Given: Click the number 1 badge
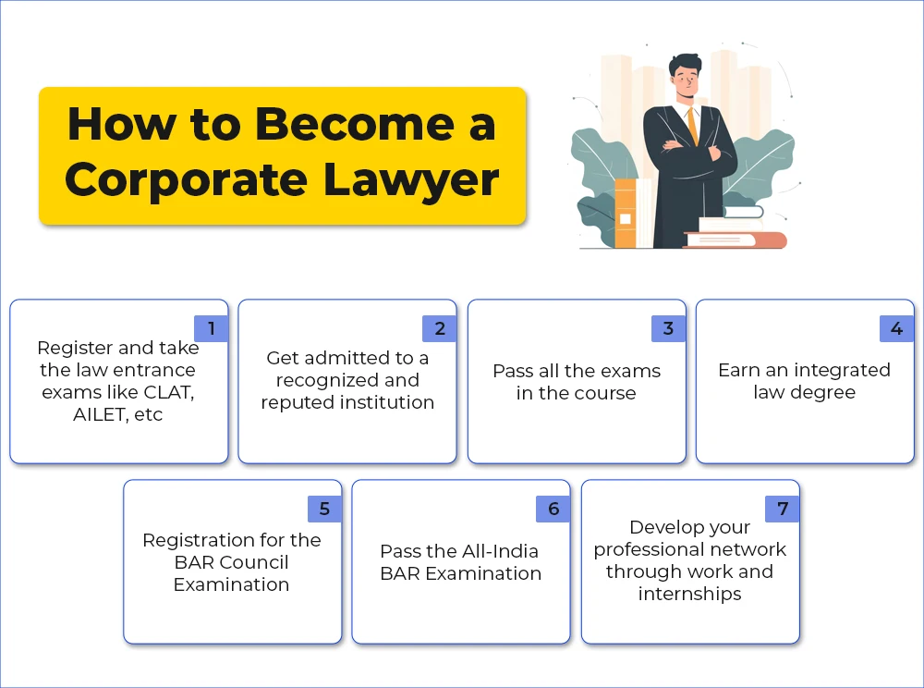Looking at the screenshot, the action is [211, 328].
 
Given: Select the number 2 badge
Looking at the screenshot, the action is [440, 328].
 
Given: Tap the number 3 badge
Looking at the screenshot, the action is [668, 328].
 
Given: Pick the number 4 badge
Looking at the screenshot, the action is [897, 328].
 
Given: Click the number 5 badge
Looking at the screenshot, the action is [324, 509].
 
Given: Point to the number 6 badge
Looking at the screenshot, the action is [553, 509].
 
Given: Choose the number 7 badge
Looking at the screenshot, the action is [783, 509].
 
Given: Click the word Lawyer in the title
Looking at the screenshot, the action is [411, 180].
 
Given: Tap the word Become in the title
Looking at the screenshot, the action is [355, 125].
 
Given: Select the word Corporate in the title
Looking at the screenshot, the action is [186, 179].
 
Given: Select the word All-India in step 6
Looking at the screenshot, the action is [498, 551].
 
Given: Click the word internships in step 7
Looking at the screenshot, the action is [689, 594].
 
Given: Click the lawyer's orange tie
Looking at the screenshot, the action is [692, 126].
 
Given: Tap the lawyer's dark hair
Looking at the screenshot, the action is [686, 64].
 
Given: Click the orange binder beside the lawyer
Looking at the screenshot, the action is [626, 214].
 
